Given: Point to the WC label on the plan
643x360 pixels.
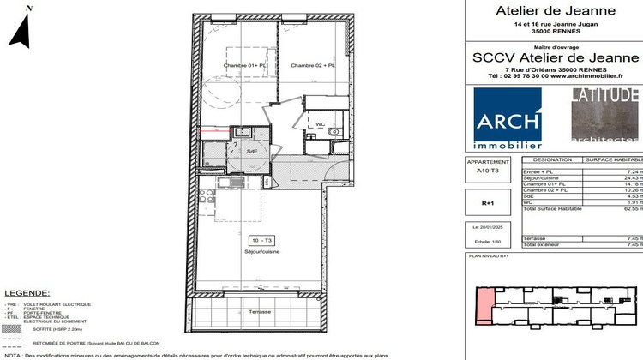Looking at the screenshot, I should point(320,125).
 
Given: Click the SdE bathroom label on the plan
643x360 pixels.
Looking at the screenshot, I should point(252,150).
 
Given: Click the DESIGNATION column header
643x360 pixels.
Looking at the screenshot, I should point(552,160).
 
